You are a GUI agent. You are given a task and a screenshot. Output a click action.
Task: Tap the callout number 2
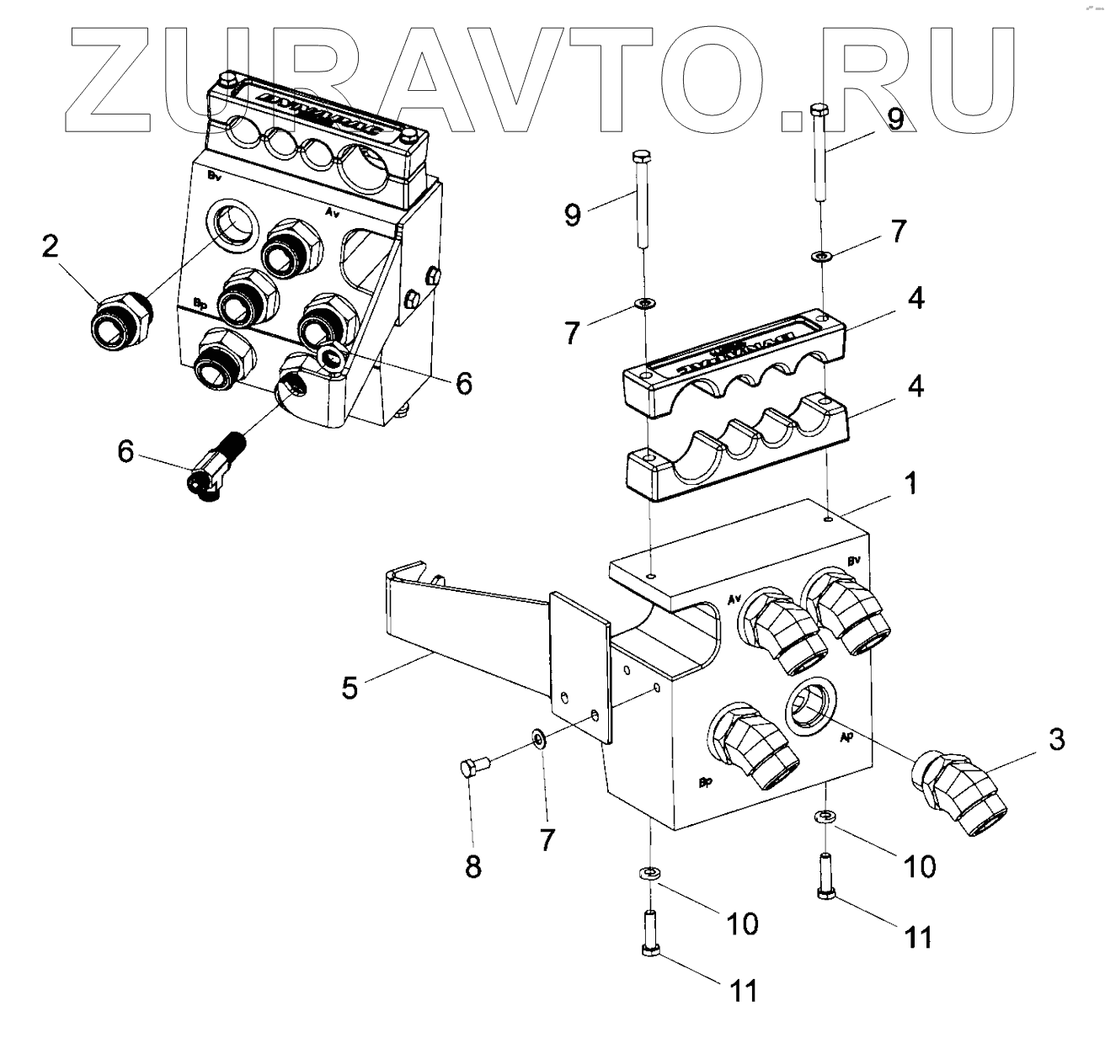(x=51, y=247)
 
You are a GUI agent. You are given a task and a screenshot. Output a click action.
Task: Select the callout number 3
(x=1056, y=740)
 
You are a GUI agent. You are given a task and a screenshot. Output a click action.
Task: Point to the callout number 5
(x=350, y=687)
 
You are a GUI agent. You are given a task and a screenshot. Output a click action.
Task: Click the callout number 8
(x=472, y=865)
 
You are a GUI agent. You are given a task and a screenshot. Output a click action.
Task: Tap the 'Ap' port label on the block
(x=848, y=736)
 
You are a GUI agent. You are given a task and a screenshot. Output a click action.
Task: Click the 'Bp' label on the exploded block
(x=706, y=783)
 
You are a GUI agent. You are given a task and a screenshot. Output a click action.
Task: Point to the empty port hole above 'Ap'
(x=810, y=706)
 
